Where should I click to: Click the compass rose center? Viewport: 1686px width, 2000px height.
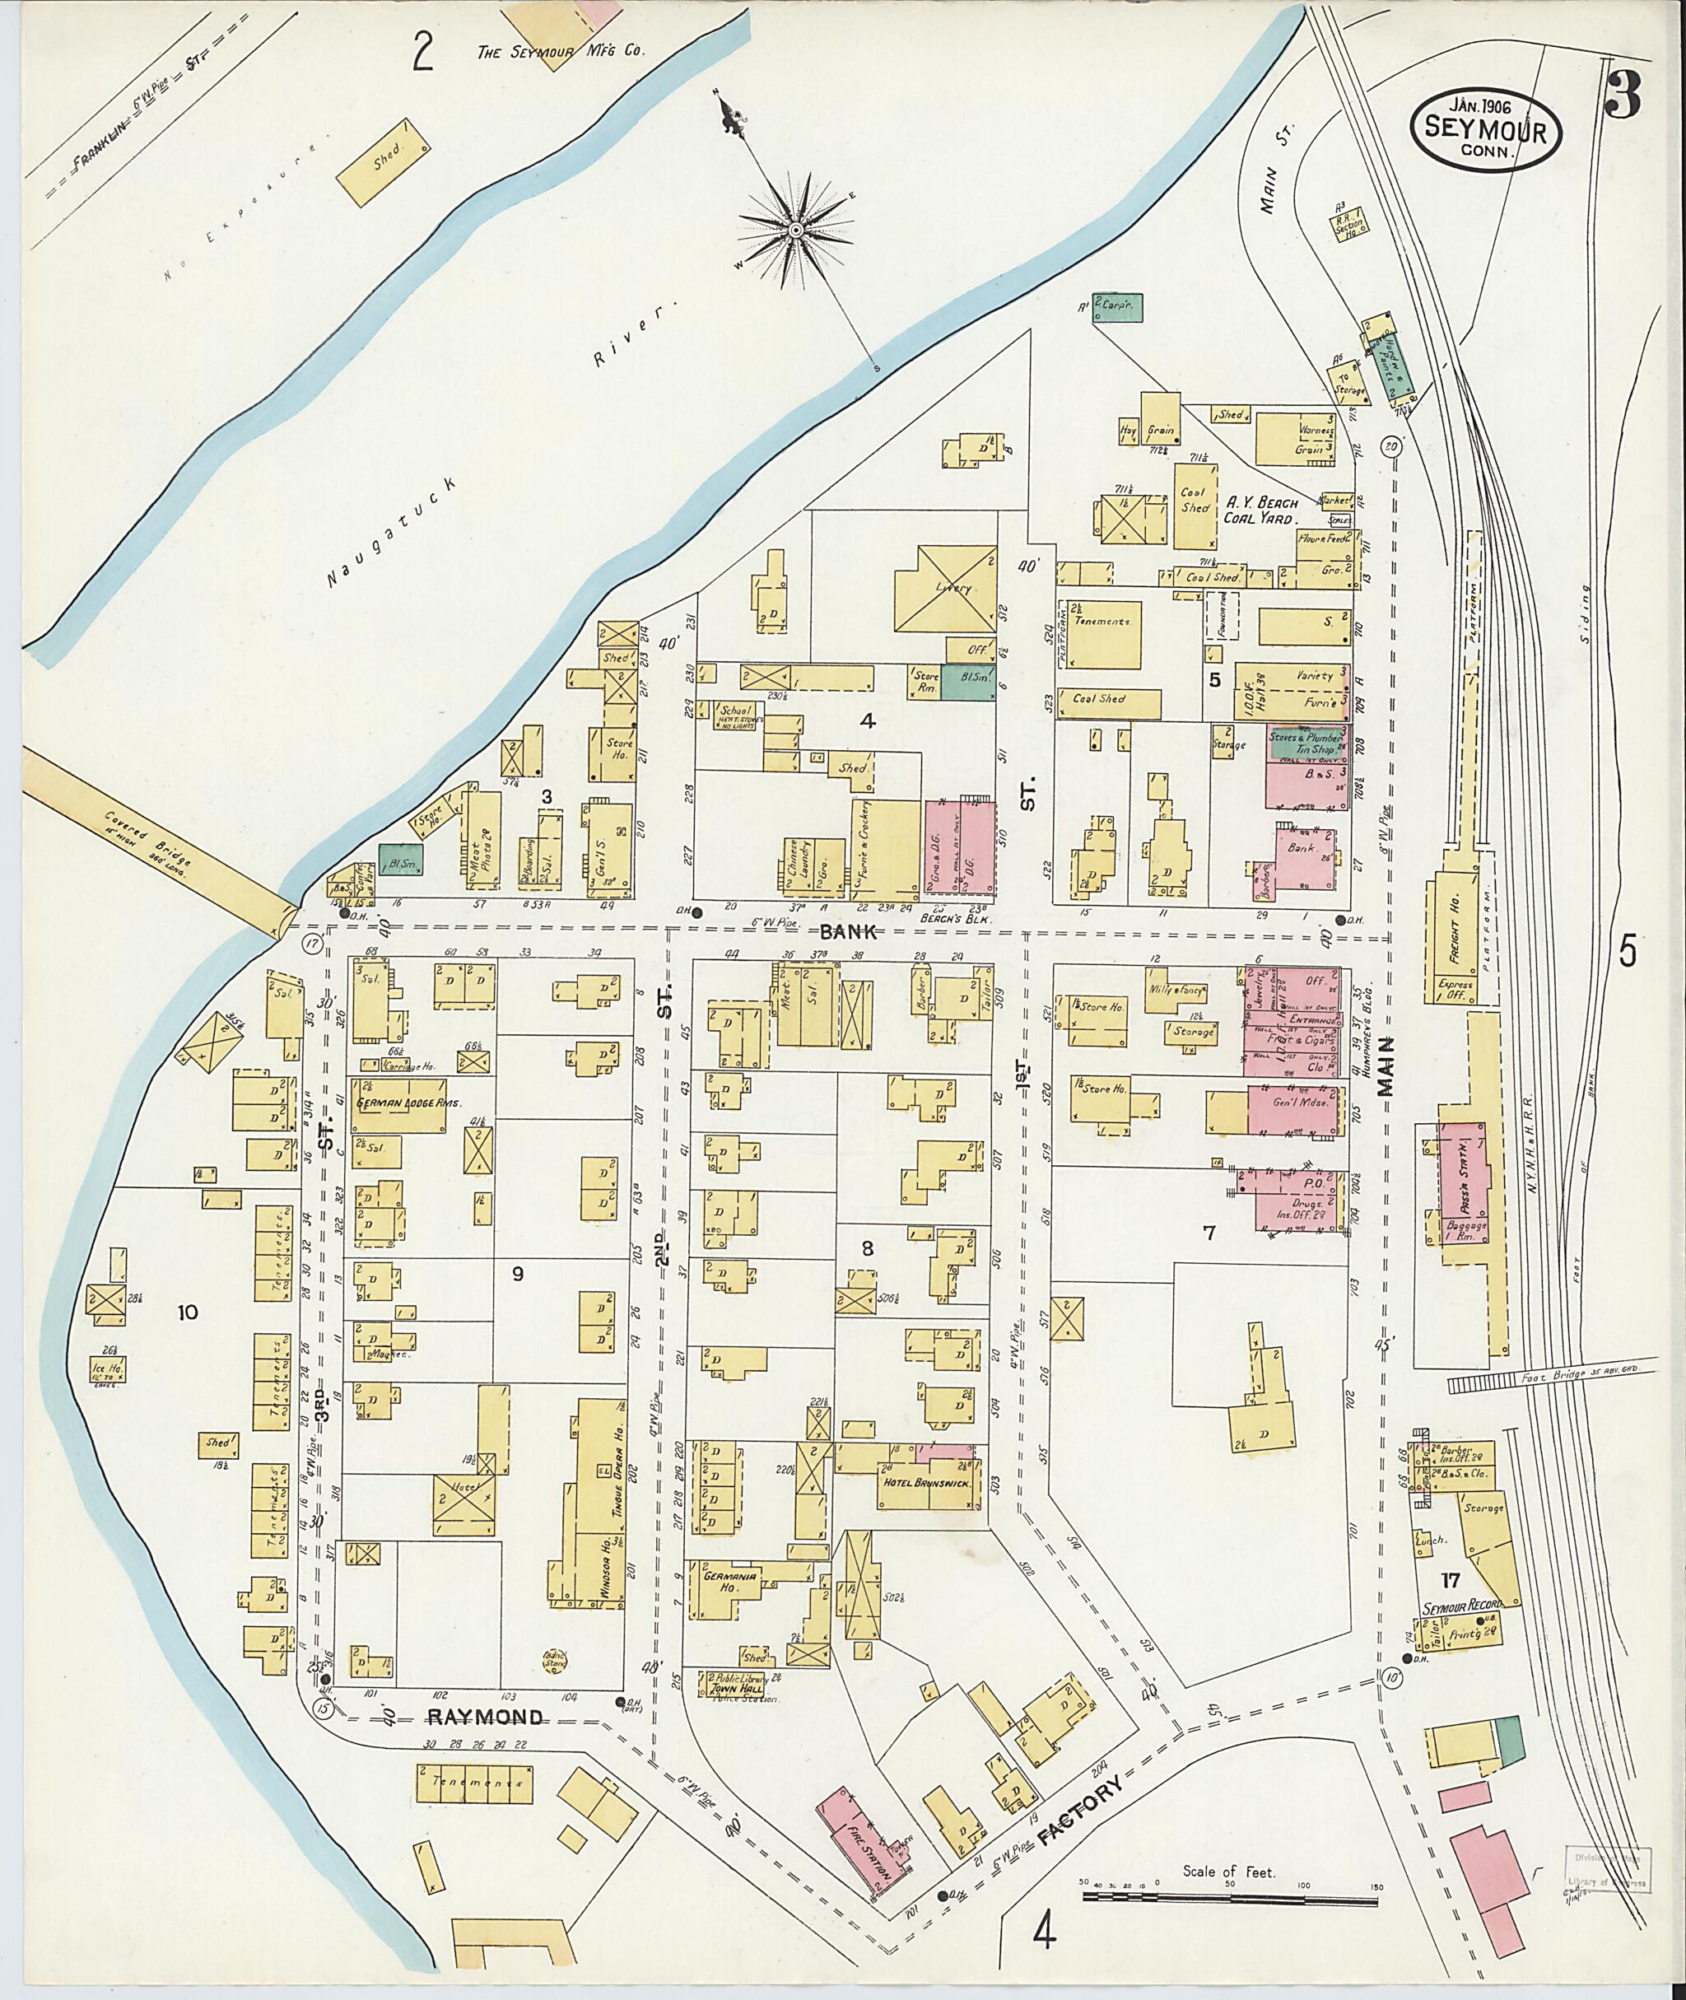[795, 231]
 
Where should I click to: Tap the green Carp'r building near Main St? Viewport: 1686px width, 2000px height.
[1118, 308]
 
